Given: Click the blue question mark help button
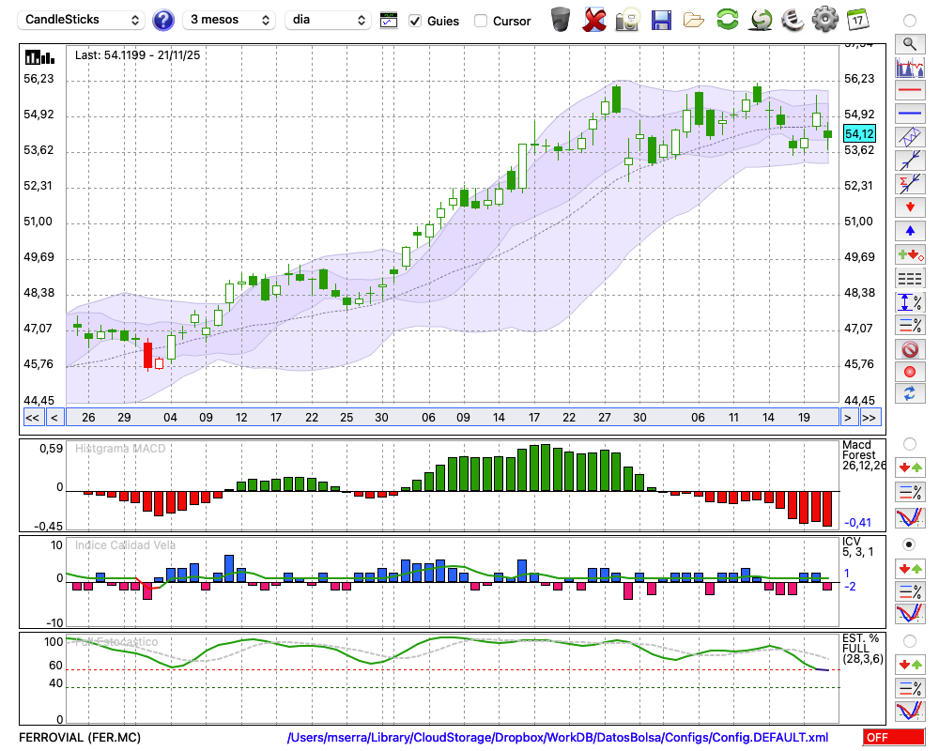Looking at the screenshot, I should point(163,20).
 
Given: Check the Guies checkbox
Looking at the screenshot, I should point(416,21).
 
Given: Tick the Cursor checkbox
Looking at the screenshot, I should point(481,21).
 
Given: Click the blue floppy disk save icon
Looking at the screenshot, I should point(661,20).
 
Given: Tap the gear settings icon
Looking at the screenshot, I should point(824,19).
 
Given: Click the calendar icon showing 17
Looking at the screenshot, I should point(857,19).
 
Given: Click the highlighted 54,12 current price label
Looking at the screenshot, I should point(859,134).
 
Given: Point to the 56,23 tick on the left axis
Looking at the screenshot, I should point(38,79).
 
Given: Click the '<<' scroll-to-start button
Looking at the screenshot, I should point(32,418).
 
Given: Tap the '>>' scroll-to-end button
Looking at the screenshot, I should point(870,418).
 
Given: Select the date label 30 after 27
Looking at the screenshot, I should point(639,418).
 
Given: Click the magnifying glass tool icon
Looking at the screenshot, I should point(909,43).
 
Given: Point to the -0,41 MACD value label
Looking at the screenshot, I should point(858,523).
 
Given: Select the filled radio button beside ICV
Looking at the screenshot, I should point(909,544).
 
